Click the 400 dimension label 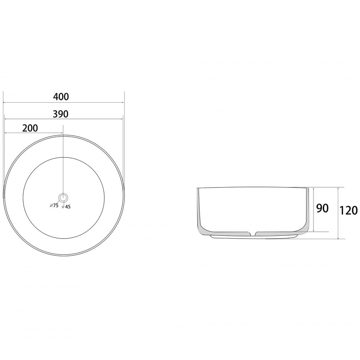click(x=61, y=97)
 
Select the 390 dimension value click(x=60, y=114)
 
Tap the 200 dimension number click(x=30, y=128)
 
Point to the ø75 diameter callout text click(x=54, y=205)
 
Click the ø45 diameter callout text click(x=66, y=207)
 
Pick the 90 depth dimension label click(x=322, y=208)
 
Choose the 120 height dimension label click(x=348, y=210)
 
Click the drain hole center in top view click(x=63, y=197)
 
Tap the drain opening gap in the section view click(x=252, y=234)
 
